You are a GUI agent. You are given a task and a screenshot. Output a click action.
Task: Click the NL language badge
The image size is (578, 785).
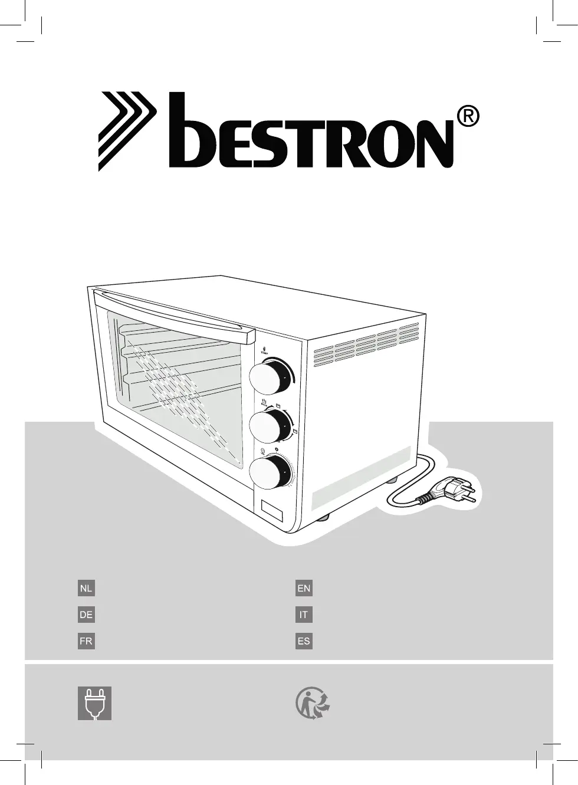click(86, 588)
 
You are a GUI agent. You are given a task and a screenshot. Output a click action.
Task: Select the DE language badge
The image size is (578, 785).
click(86, 615)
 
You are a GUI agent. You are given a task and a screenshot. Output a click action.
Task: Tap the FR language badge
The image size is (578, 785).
click(86, 641)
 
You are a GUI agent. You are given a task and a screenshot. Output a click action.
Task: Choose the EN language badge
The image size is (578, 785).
click(304, 588)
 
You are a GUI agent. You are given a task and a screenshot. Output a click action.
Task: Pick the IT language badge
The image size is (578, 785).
click(304, 615)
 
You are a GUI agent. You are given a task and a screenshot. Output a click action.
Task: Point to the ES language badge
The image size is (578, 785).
click(304, 641)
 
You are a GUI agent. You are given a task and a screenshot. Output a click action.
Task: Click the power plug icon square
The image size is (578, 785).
click(94, 703)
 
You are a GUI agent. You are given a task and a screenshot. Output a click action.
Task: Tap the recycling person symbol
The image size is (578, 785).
click(312, 703)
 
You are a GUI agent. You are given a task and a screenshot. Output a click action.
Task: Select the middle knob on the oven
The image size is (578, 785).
click(268, 426)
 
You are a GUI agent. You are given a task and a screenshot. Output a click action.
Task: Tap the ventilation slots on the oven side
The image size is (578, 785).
click(365, 345)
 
